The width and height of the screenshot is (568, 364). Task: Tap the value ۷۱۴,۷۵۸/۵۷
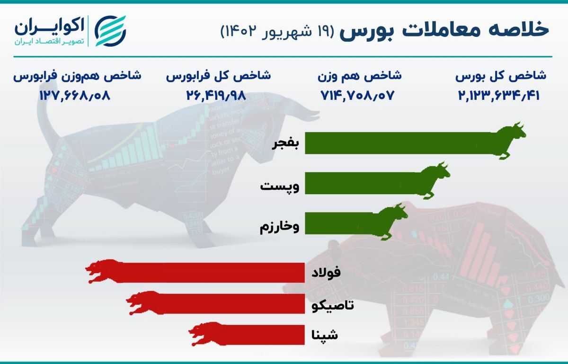[x=357, y=95]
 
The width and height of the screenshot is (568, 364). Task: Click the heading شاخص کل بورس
[x=500, y=75]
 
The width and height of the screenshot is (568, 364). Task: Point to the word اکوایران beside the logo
[x=49, y=27]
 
